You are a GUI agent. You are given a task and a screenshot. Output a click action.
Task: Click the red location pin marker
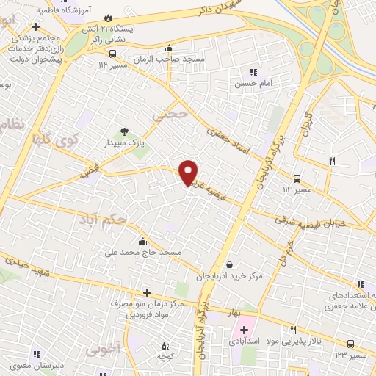(189, 172)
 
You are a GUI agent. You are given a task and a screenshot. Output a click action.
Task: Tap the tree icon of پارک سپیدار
(123, 131)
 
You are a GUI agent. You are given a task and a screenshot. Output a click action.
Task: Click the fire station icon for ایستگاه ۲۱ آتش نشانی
(108, 17)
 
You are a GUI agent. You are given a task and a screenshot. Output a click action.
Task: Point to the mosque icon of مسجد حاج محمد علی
(142, 240)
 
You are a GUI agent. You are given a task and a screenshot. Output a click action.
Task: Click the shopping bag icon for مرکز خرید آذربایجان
(231, 264)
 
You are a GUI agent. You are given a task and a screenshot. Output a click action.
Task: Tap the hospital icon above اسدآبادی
(244, 330)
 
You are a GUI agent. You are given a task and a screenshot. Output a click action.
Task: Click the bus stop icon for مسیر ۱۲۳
(350, 344)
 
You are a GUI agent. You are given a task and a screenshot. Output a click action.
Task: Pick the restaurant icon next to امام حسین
(253, 73)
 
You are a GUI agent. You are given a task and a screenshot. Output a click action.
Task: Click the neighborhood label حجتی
(170, 116)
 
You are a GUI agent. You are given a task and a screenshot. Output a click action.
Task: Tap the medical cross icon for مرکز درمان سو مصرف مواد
(147, 292)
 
